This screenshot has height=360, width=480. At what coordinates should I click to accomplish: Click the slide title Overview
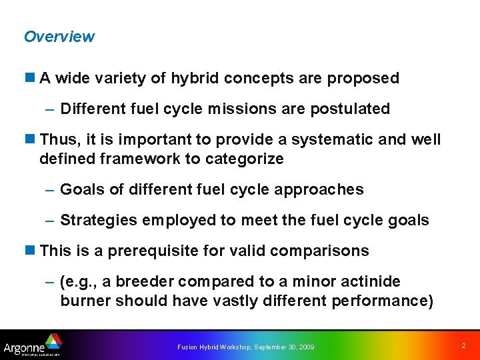(x=59, y=37)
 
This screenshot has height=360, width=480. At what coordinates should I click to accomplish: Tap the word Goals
(x=82, y=190)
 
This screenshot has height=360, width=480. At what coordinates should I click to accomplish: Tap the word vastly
(x=234, y=301)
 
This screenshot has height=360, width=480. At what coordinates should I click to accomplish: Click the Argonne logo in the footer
(x=32, y=345)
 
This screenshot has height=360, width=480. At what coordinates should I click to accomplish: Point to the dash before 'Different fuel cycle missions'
(x=50, y=109)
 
